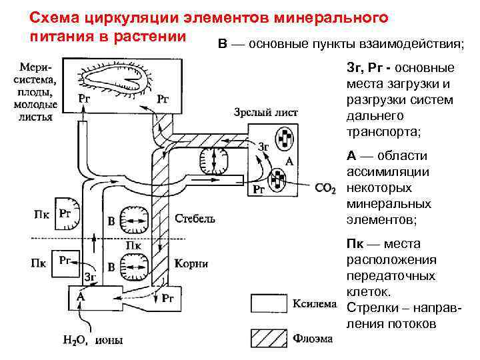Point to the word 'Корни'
point(191,264)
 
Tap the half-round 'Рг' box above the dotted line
point(67,213)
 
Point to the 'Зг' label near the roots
point(91,275)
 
